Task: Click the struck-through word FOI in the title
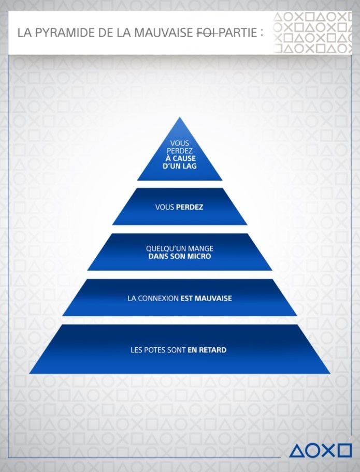[206, 33]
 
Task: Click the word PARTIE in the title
[238, 33]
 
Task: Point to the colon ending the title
[262, 33]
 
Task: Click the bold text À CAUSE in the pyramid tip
[180, 158]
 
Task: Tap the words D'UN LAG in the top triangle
[180, 166]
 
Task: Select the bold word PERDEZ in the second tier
[190, 207]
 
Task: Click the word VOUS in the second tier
[165, 207]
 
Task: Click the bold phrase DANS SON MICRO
[180, 257]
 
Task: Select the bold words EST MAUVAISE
[206, 298]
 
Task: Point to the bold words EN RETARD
[207, 350]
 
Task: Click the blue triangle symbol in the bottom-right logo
[297, 451]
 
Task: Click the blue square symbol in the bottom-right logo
[344, 451]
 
